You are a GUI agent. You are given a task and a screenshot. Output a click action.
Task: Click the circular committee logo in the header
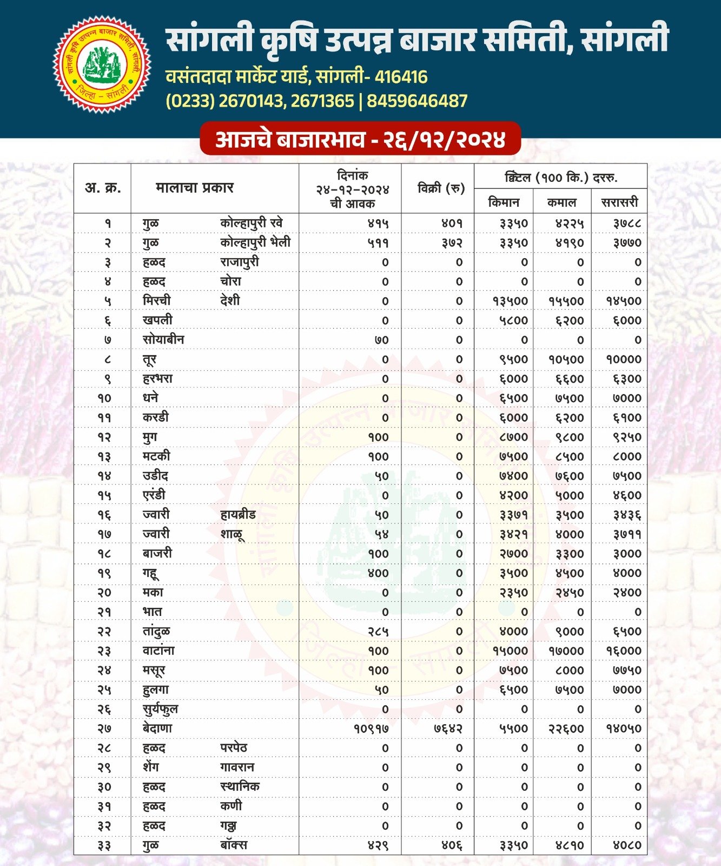[102, 64]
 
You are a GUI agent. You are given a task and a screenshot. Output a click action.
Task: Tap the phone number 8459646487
[417, 101]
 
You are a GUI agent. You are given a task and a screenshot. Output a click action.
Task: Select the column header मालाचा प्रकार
[194, 188]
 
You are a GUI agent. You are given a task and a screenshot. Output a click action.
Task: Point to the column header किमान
[504, 202]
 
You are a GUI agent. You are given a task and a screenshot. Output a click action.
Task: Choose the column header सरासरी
[619, 202]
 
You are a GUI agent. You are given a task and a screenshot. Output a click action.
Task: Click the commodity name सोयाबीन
[163, 340]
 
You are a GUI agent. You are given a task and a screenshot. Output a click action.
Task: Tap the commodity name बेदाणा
[157, 729]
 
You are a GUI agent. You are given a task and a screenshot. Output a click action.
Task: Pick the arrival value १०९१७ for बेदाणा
[371, 729]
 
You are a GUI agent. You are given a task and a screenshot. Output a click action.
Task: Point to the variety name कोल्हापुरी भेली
[255, 242]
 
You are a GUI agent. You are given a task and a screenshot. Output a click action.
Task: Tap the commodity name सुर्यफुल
[160, 709]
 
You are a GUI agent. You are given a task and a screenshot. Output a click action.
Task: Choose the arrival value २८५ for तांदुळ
[378, 632]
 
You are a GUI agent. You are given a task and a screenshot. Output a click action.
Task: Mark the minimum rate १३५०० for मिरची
[510, 301]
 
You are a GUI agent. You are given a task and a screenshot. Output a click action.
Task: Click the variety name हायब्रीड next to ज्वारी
[238, 515]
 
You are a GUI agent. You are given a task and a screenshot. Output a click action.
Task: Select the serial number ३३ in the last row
[104, 845]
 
